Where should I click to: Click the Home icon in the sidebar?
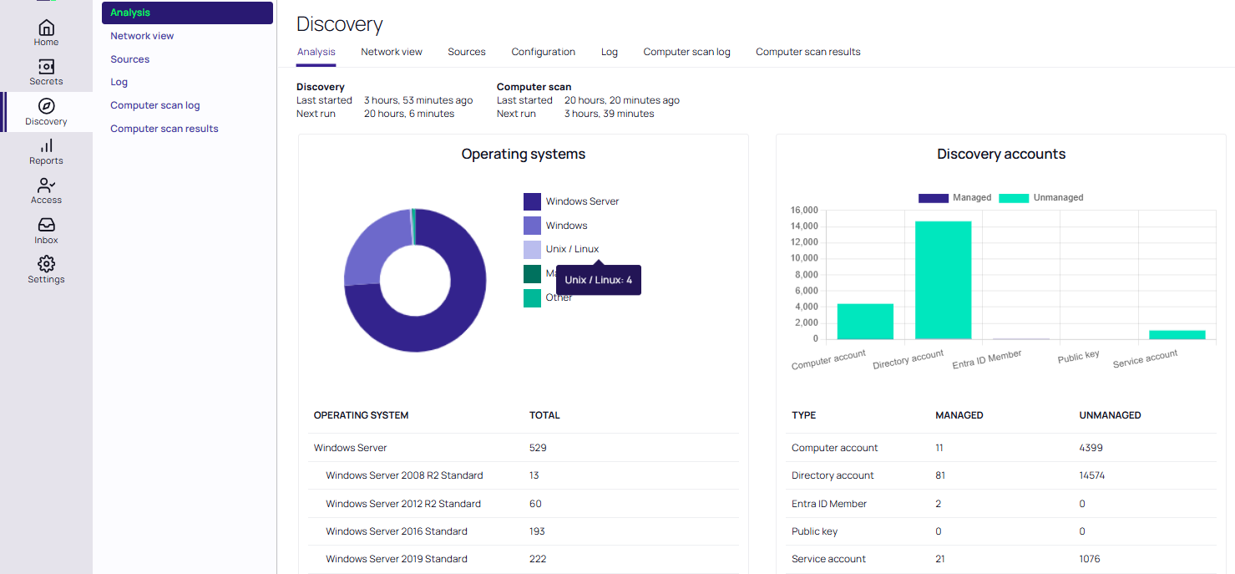click(46, 28)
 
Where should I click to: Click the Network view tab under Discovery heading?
click(392, 52)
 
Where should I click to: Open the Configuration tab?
click(543, 52)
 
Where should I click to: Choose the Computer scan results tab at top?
click(807, 52)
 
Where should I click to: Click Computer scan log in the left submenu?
click(155, 105)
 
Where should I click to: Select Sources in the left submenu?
click(130, 59)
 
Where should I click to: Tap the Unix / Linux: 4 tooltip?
click(598, 280)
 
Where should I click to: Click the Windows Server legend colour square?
click(532, 201)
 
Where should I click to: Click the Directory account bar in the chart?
click(943, 280)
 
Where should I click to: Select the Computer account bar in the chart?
click(865, 321)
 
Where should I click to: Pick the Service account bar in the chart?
click(1177, 334)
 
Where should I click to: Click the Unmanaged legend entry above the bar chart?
click(1041, 198)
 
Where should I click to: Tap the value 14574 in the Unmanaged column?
click(1092, 475)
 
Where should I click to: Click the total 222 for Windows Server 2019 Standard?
click(538, 559)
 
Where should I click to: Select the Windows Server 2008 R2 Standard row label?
click(404, 475)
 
